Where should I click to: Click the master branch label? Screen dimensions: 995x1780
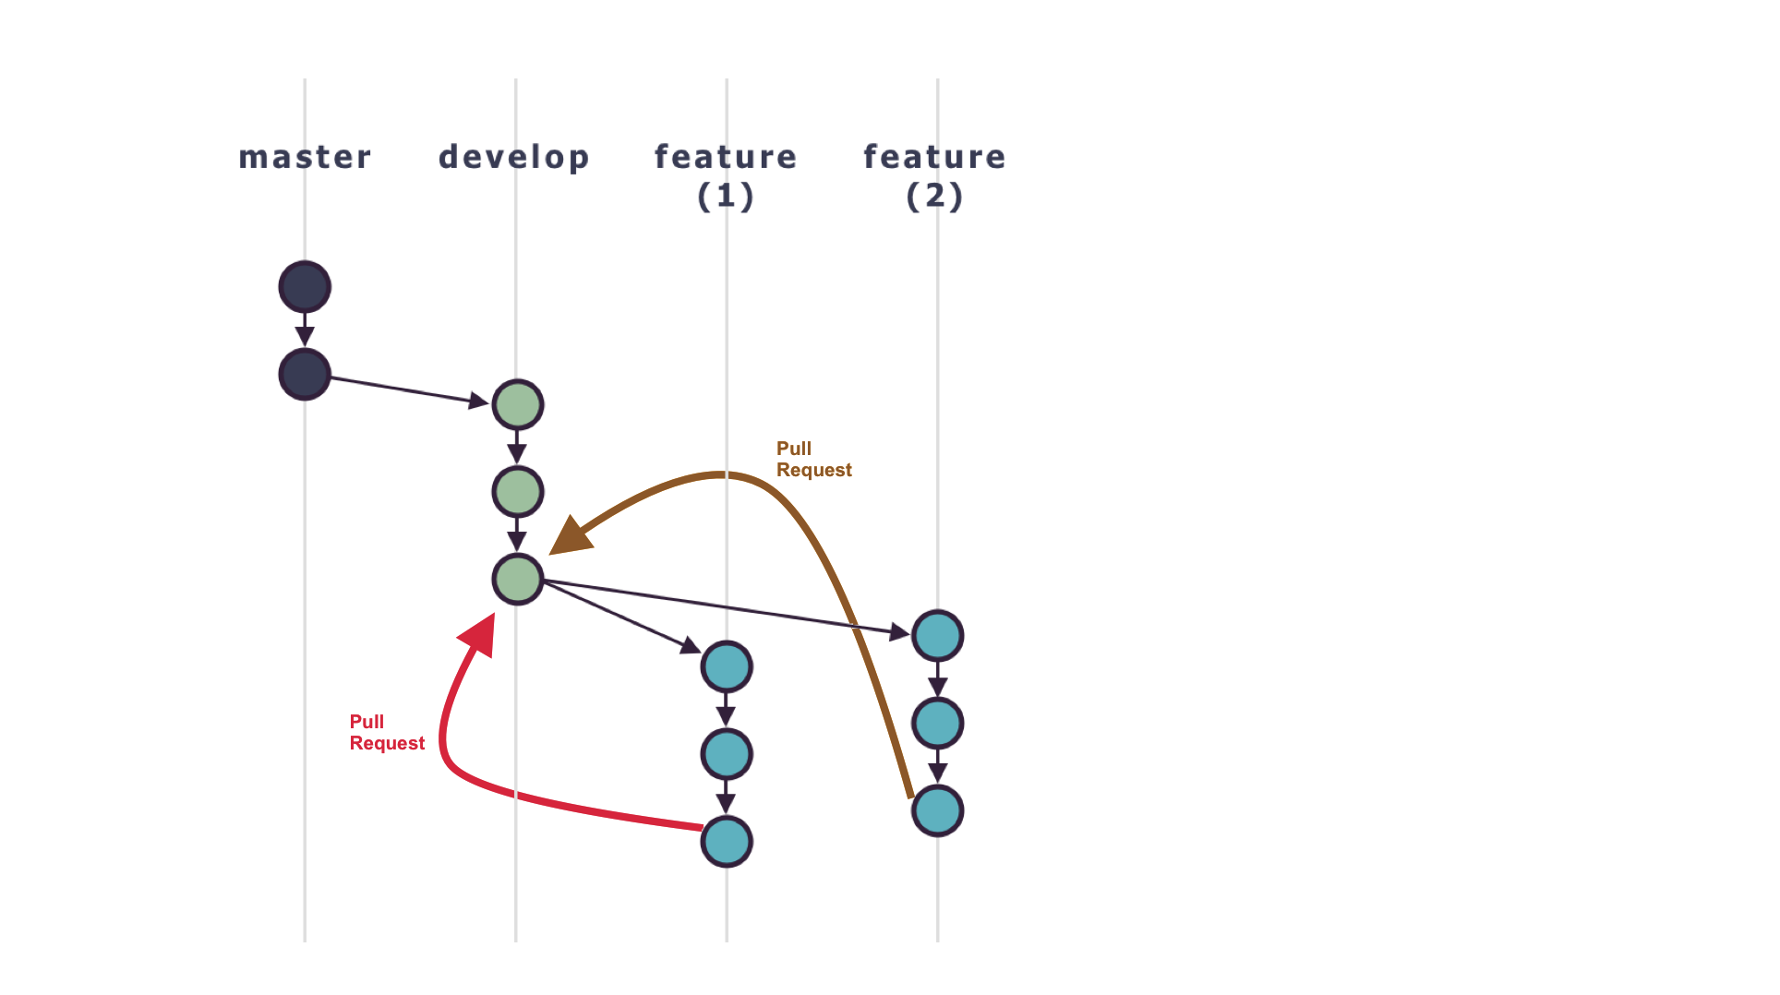305,157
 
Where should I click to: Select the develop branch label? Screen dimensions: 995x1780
513,157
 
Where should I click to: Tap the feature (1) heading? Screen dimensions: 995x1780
726,175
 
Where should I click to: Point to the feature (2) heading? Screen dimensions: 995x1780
934,175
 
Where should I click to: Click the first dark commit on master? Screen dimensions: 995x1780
305,287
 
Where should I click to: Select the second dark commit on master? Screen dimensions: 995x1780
305,374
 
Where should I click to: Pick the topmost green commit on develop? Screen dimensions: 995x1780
517,404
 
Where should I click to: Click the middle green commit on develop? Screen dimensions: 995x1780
517,492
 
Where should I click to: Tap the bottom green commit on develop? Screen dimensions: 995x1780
517,580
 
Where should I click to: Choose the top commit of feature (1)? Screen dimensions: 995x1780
727,666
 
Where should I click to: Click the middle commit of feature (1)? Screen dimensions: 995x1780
727,754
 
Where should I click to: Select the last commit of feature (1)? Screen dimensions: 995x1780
727,841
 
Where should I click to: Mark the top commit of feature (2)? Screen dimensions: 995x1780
937,635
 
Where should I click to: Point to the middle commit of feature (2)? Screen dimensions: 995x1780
937,723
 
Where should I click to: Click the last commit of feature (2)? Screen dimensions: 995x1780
937,810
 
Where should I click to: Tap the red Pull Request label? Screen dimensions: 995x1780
386,733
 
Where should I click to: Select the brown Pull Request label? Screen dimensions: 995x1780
812,460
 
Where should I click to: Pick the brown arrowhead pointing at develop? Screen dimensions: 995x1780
571,538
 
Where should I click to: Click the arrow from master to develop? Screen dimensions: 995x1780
406,390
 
